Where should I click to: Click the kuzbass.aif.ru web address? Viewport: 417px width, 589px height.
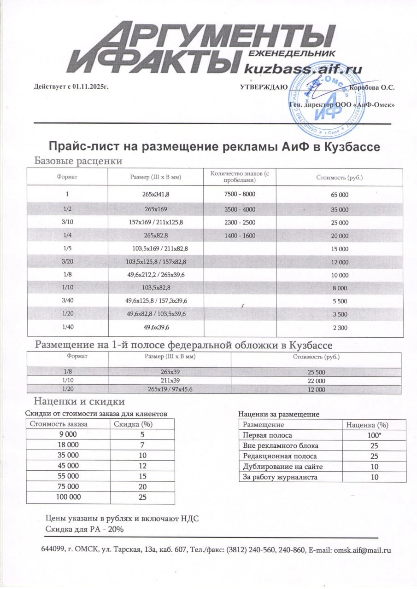pyautogui.click(x=303, y=69)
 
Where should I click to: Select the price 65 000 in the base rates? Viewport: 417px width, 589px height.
pyautogui.click(x=340, y=195)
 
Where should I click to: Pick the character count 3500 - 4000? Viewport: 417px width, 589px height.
pyautogui.click(x=239, y=209)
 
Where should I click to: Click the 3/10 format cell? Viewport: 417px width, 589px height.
pyautogui.click(x=67, y=222)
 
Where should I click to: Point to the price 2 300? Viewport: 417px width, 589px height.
pyautogui.click(x=340, y=328)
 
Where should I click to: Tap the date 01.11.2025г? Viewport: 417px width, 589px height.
pyautogui.click(x=90, y=87)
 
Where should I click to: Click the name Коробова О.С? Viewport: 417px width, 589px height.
pyautogui.click(x=371, y=87)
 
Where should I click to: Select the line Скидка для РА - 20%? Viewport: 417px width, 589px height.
pyautogui.click(x=84, y=529)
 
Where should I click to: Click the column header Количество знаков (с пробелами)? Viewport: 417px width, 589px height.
pyautogui.click(x=239, y=177)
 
